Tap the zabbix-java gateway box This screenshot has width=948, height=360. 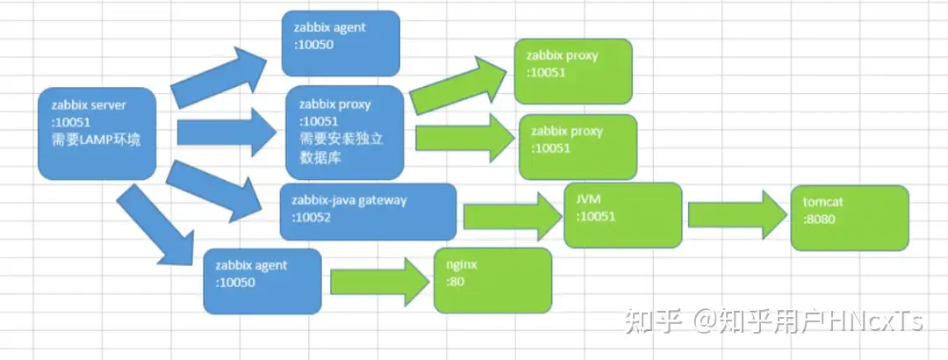(x=368, y=211)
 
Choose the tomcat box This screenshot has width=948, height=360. (x=849, y=217)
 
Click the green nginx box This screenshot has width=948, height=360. (x=492, y=280)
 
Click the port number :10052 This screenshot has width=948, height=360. (x=311, y=218)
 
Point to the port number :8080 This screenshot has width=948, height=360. (x=819, y=219)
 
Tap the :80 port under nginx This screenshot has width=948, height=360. (x=455, y=281)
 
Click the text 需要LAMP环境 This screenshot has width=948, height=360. (x=96, y=140)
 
